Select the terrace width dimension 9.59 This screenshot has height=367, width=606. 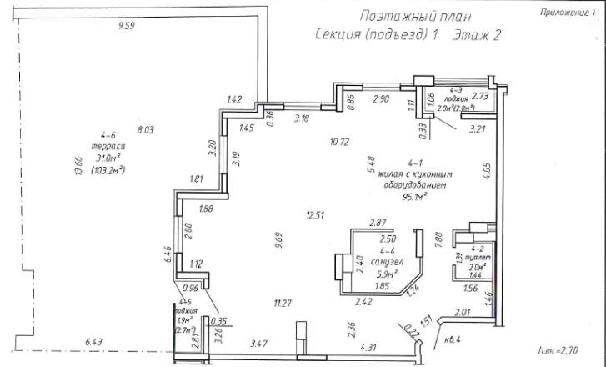click(127, 27)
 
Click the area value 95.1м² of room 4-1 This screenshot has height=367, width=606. click(413, 198)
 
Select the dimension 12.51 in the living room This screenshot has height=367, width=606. click(314, 215)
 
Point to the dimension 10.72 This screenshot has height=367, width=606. click(338, 142)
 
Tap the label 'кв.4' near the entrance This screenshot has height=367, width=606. click(453, 338)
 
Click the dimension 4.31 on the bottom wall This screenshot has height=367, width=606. click(368, 347)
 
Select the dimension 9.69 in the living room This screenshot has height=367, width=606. click(278, 243)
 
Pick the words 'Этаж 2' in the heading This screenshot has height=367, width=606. click(477, 35)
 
